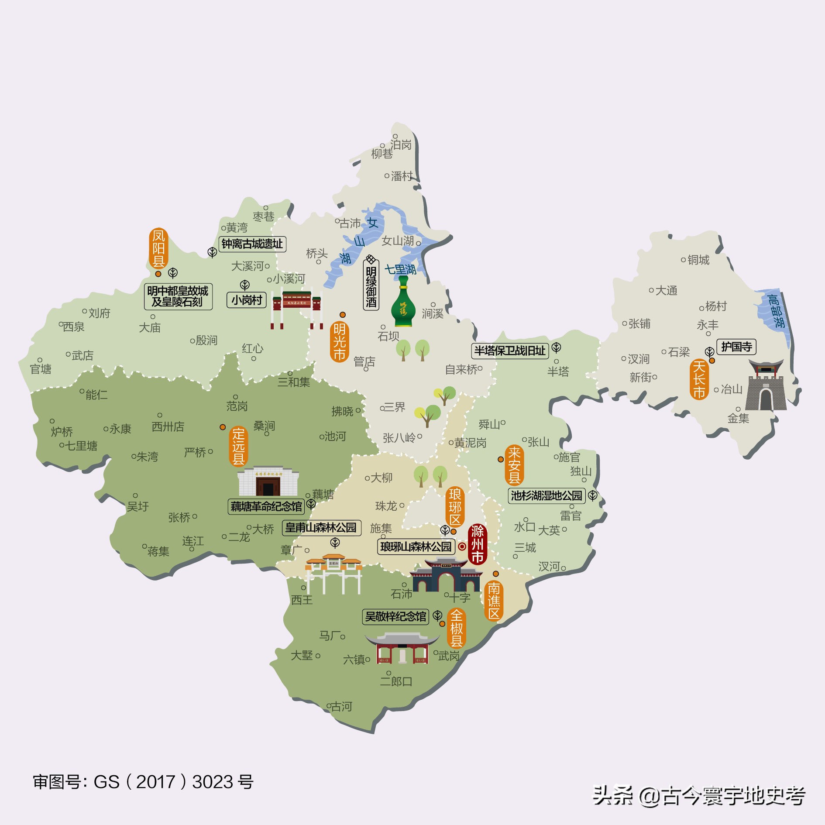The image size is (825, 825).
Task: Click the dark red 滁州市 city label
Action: point(477,544)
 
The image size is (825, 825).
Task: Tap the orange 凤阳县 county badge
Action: point(158,248)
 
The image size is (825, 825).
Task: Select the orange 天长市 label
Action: point(699,379)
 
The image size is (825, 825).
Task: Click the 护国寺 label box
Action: point(736,347)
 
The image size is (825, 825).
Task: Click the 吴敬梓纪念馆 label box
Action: point(395,616)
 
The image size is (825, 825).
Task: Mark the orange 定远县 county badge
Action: point(238,447)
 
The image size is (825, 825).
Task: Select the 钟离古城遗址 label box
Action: point(252,244)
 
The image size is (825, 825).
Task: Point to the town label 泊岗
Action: point(401,144)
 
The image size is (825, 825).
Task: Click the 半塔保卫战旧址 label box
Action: point(510,351)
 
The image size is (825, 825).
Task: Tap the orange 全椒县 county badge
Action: point(456,628)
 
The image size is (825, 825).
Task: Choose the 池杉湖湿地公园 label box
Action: point(547,495)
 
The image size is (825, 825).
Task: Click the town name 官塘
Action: point(41,369)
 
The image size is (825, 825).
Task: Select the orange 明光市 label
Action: point(339,342)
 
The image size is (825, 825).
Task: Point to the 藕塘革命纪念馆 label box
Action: point(266,506)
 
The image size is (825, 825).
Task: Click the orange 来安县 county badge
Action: point(514,465)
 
